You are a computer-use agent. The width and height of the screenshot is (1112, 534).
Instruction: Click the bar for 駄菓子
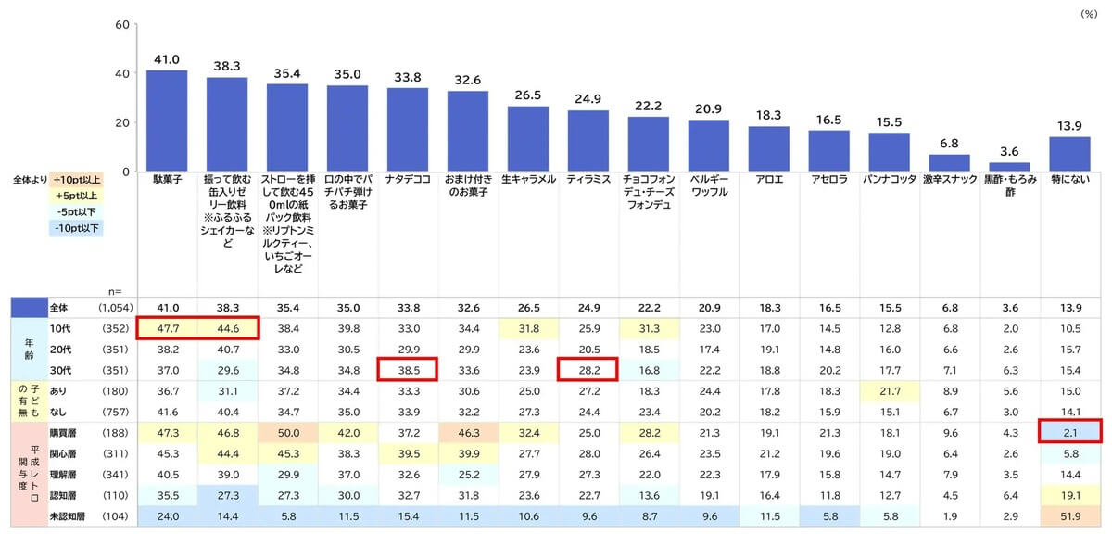[x=167, y=121]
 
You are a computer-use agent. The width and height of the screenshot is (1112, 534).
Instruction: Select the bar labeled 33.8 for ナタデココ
[x=408, y=130]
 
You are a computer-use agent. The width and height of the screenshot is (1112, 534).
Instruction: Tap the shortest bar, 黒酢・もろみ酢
[x=1009, y=167]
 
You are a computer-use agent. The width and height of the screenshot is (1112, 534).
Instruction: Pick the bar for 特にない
[x=1069, y=154]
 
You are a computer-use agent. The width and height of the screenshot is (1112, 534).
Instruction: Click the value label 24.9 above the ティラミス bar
[x=588, y=99]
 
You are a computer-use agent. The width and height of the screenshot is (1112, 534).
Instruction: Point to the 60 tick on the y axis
[x=122, y=25]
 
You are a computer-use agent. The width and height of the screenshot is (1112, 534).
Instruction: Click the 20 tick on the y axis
[x=122, y=122]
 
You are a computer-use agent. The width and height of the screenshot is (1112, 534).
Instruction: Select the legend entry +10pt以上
[x=76, y=180]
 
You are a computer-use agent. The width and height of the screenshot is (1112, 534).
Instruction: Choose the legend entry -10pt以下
[x=76, y=228]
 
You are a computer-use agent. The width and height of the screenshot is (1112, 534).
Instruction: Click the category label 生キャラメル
[x=528, y=179]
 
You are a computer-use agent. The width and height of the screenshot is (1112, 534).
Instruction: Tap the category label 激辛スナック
[x=950, y=179]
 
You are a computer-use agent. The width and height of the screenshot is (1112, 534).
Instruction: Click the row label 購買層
[x=63, y=433]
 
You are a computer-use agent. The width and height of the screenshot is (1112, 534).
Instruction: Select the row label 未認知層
[x=67, y=516]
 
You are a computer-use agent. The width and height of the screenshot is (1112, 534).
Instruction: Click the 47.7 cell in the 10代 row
[x=168, y=329]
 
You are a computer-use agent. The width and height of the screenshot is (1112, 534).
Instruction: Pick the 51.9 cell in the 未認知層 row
[x=1070, y=516]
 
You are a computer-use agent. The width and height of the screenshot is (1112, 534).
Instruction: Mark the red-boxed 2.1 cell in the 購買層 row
[x=1070, y=433]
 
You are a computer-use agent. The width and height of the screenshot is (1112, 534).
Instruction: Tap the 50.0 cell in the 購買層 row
[x=288, y=433]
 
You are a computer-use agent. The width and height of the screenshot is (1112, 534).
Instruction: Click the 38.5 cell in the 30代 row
[x=408, y=370]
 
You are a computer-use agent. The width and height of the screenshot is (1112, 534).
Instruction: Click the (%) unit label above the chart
[x=1089, y=14]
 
